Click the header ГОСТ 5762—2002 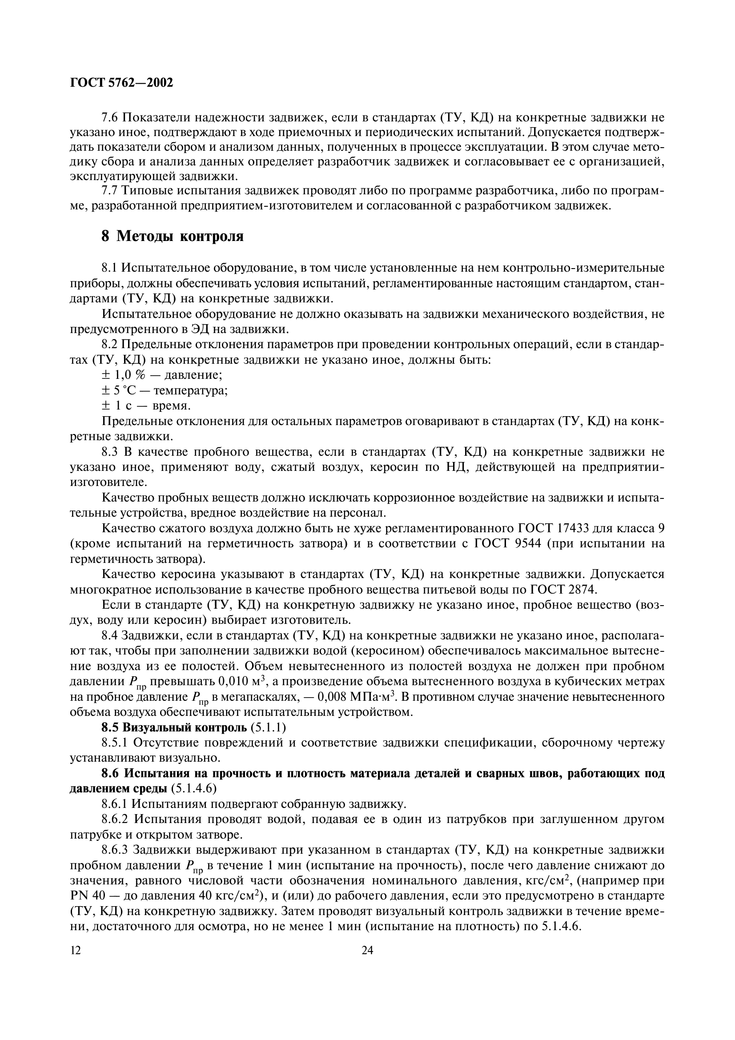click(121, 83)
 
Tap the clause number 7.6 click(111, 118)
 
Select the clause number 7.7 click(111, 191)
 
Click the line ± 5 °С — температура click(165, 390)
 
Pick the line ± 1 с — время click(146, 406)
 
